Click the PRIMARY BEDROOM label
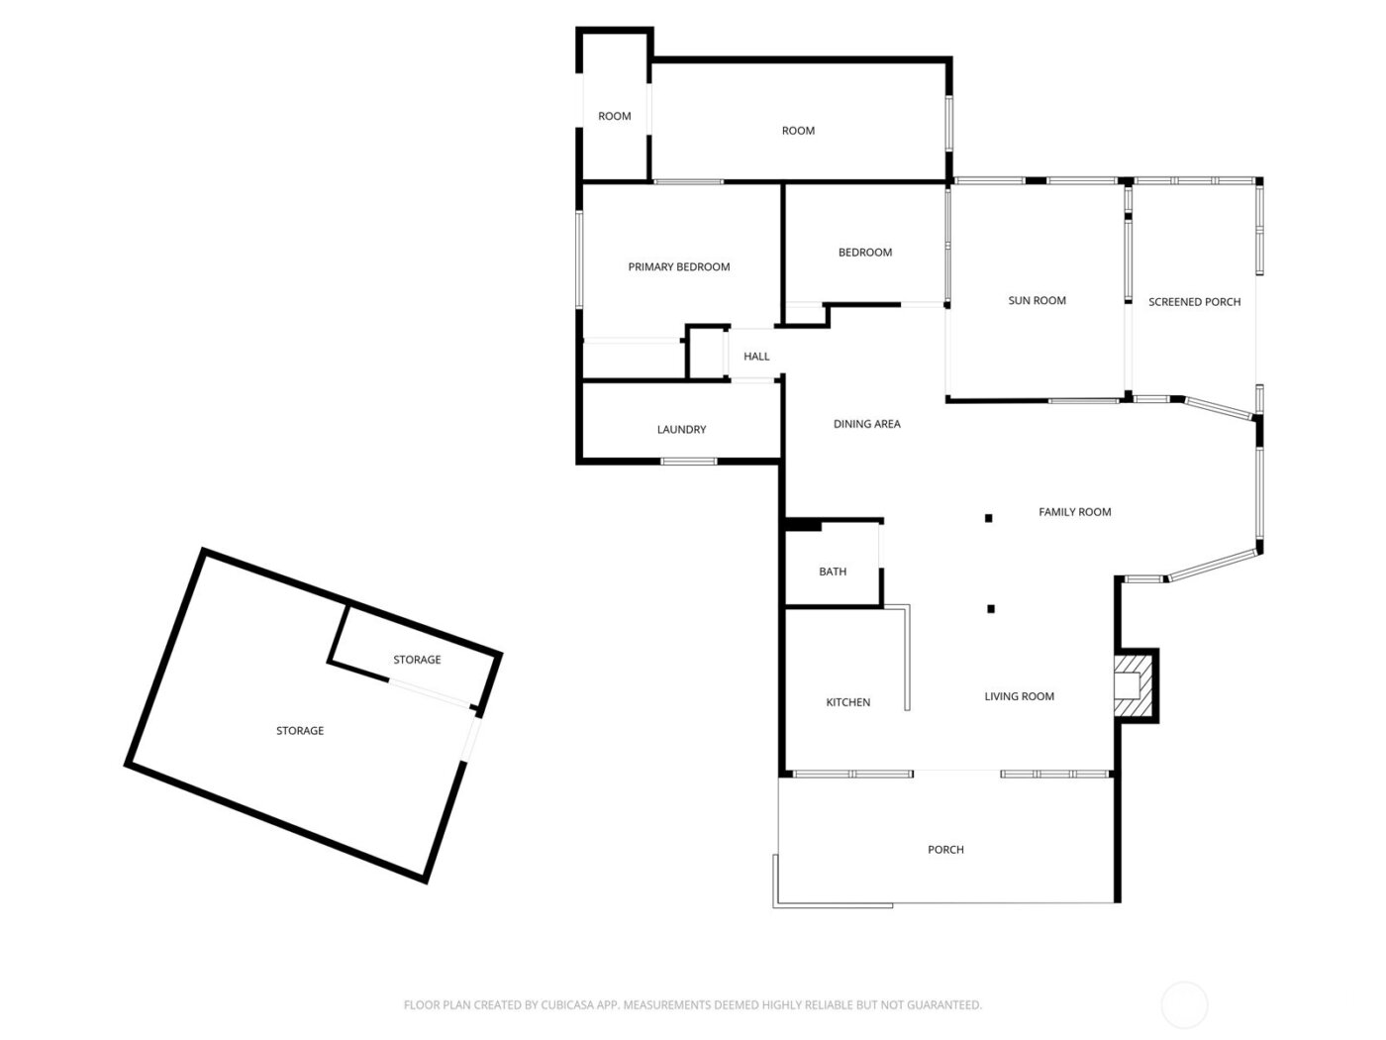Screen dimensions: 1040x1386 click(x=679, y=266)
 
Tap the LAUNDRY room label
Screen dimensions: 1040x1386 click(x=681, y=429)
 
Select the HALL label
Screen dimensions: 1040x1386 click(x=756, y=357)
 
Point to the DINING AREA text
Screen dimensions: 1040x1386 click(x=866, y=424)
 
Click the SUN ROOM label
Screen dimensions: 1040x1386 click(x=1037, y=300)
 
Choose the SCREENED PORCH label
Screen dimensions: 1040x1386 click(x=1194, y=302)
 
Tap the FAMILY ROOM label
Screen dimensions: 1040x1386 click(x=1074, y=512)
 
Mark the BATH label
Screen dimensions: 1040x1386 click(x=833, y=572)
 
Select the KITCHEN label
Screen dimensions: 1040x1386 click(x=848, y=702)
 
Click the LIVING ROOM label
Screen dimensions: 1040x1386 click(x=1019, y=696)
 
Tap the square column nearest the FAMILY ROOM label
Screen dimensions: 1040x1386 click(x=988, y=517)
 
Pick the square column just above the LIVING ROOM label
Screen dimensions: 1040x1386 click(x=990, y=608)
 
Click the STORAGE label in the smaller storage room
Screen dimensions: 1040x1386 click(x=417, y=660)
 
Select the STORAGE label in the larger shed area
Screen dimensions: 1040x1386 click(x=300, y=731)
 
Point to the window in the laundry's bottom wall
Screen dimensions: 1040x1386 click(x=689, y=461)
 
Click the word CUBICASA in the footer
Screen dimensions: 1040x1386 click(x=568, y=1005)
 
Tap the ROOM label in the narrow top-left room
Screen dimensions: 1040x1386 click(x=614, y=116)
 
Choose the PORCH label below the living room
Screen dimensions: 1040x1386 click(x=945, y=850)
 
